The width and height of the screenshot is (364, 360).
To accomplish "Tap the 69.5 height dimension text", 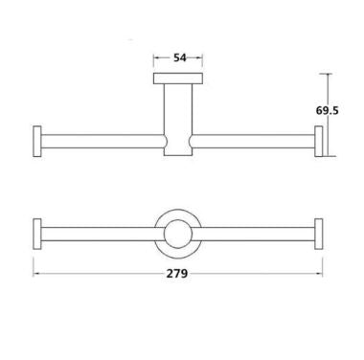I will (x=330, y=111).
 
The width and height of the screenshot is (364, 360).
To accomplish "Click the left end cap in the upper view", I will (x=38, y=140).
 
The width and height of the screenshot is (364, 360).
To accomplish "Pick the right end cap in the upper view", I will (x=319, y=140).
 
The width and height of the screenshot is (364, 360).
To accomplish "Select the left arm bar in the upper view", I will (x=101, y=141).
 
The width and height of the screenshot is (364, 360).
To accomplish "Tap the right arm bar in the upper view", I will (x=254, y=141).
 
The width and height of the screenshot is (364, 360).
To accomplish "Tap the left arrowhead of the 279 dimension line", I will (x=38, y=273).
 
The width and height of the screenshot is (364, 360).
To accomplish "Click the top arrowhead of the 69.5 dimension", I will (x=327, y=77).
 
